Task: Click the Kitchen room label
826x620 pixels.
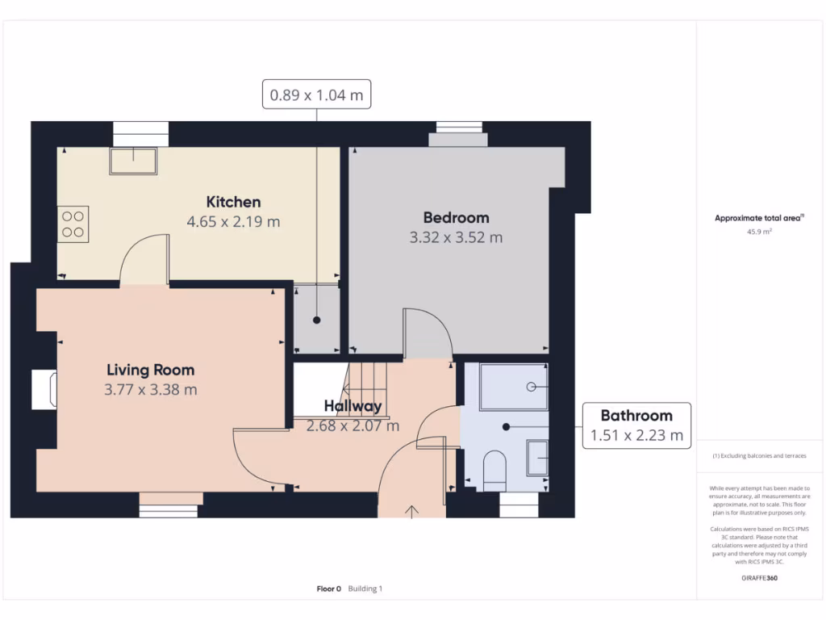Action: point(233,202)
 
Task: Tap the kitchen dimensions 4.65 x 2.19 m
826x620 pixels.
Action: point(233,221)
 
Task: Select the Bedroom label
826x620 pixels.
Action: point(456,217)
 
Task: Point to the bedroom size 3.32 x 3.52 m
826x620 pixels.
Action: point(456,237)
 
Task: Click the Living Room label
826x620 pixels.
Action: point(151,370)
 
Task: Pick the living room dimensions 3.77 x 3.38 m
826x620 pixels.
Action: point(151,390)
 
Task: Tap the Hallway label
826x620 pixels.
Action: point(353,406)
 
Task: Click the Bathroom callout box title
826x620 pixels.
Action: point(636,416)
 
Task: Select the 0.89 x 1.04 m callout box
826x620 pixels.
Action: point(316,94)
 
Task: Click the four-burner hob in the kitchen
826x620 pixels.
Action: point(73,224)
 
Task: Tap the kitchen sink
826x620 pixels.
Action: point(134,161)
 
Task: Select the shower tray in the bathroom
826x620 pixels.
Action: point(514,387)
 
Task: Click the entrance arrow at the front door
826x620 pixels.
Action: point(412,510)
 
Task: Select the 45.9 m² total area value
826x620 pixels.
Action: point(758,232)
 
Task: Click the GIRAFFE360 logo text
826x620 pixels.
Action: point(757,579)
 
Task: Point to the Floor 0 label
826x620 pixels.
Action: point(328,589)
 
